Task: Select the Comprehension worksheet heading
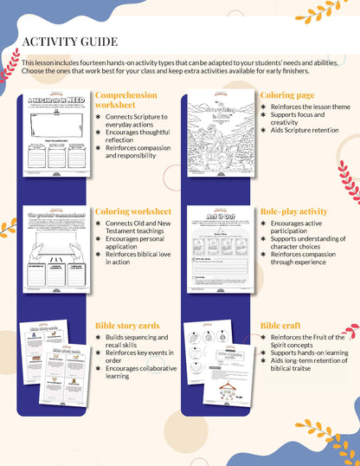tap(125, 100)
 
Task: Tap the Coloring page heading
tap(287, 95)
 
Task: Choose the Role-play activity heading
tap(293, 210)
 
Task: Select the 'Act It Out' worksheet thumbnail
tap(222, 252)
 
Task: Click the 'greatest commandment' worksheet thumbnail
tap(56, 252)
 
